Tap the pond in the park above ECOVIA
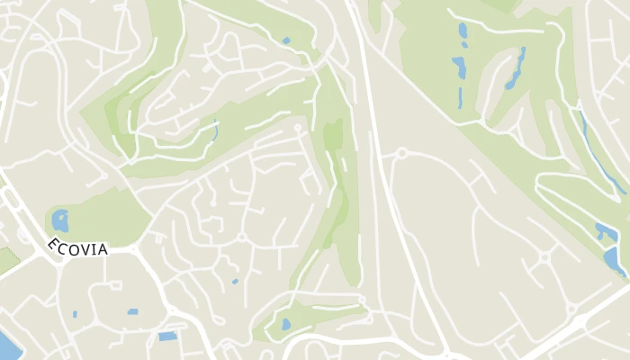(x=60, y=220)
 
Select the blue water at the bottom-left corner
(x=4, y=345)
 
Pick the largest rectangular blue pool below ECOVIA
(x=167, y=336)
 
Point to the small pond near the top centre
(x=286, y=40)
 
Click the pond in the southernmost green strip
(x=286, y=324)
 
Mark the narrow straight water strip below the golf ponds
(x=460, y=95)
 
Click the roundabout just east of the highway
(x=401, y=154)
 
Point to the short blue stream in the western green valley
(x=216, y=133)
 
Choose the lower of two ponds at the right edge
(x=614, y=260)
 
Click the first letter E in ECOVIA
(x=53, y=242)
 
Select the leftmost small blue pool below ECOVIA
(x=75, y=314)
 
